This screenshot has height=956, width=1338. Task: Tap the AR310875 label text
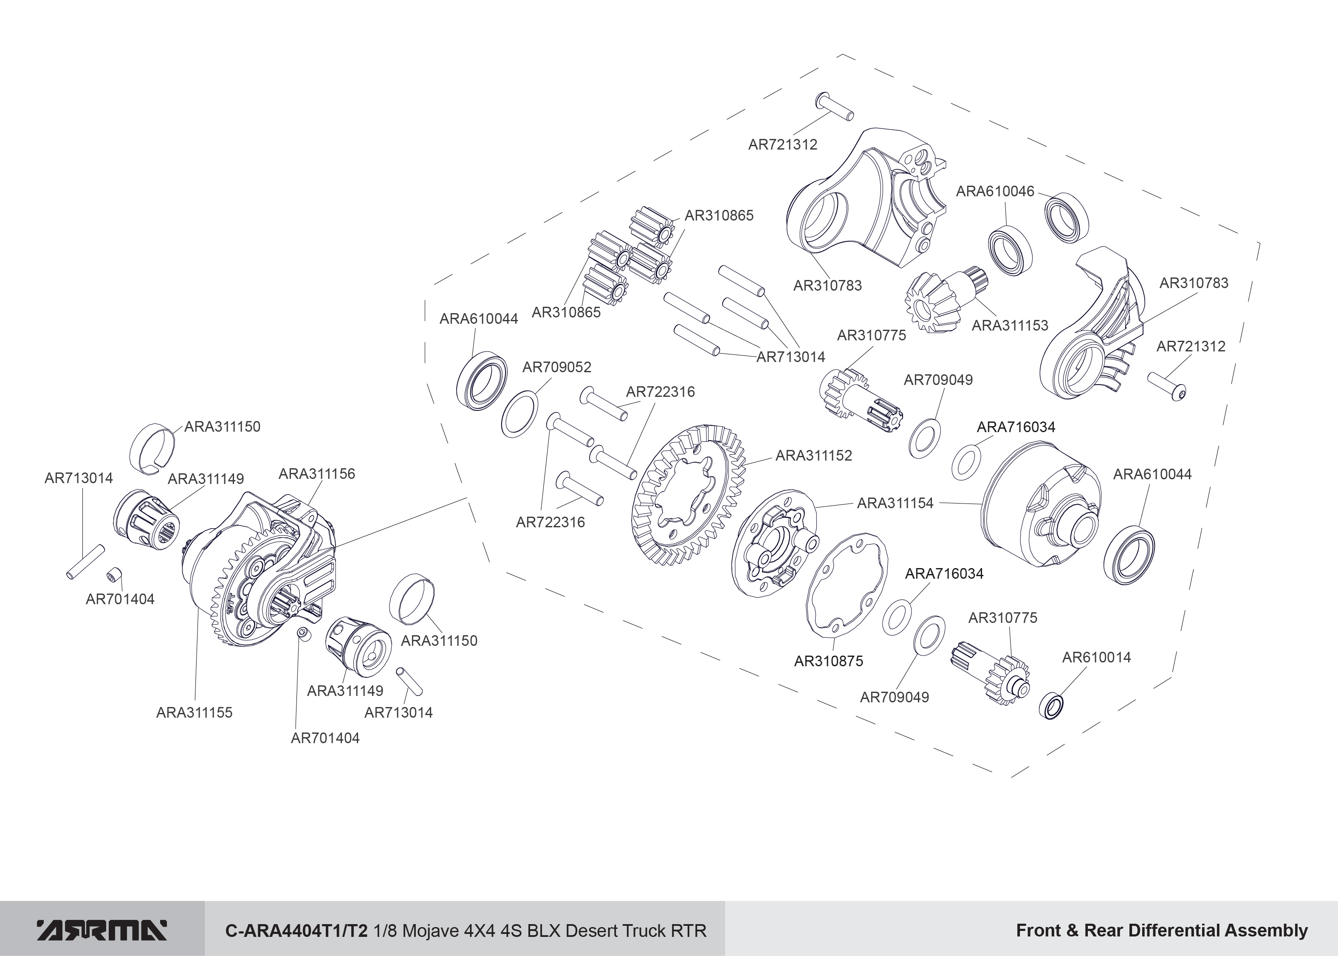tap(828, 661)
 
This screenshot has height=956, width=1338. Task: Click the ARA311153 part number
tap(1010, 325)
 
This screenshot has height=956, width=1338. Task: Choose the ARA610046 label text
tap(995, 191)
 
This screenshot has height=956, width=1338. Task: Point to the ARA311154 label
tap(895, 503)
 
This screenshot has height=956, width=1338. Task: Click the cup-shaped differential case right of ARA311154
tap(1042, 512)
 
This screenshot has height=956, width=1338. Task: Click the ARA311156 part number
tap(316, 474)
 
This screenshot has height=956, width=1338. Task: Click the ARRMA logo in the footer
tap(102, 930)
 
